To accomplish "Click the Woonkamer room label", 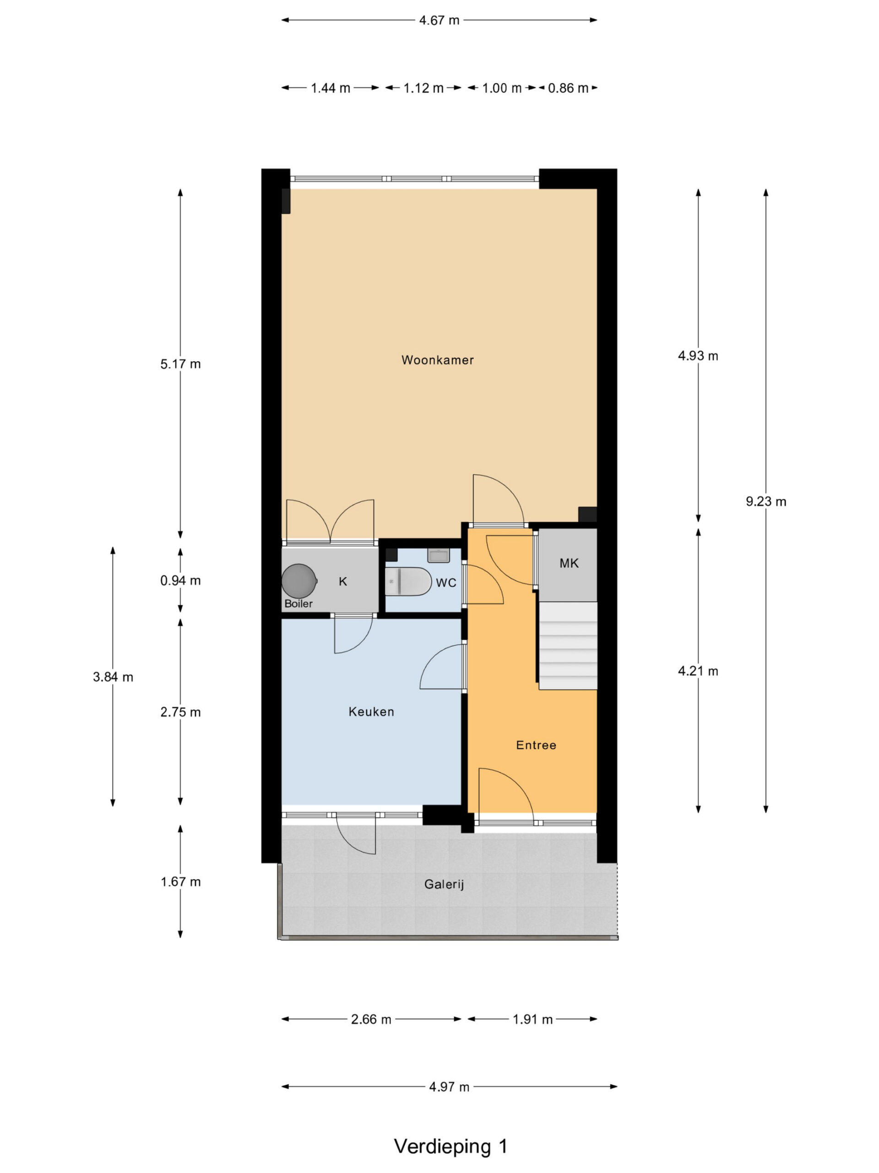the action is [437, 360].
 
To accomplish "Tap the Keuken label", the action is [371, 712].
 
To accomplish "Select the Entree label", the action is [536, 745].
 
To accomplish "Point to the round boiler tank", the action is [299, 581].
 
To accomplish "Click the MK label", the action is [569, 563].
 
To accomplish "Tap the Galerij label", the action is [444, 884].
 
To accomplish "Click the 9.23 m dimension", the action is [765, 501].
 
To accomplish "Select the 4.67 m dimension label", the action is [439, 20].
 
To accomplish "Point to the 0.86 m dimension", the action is [568, 88].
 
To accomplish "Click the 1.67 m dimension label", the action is [181, 882].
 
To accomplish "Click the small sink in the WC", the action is [438, 555].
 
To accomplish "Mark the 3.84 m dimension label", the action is [113, 677].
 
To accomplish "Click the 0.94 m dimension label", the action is [181, 581].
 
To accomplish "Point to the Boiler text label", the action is [298, 603].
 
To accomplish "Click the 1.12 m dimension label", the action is [423, 88].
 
